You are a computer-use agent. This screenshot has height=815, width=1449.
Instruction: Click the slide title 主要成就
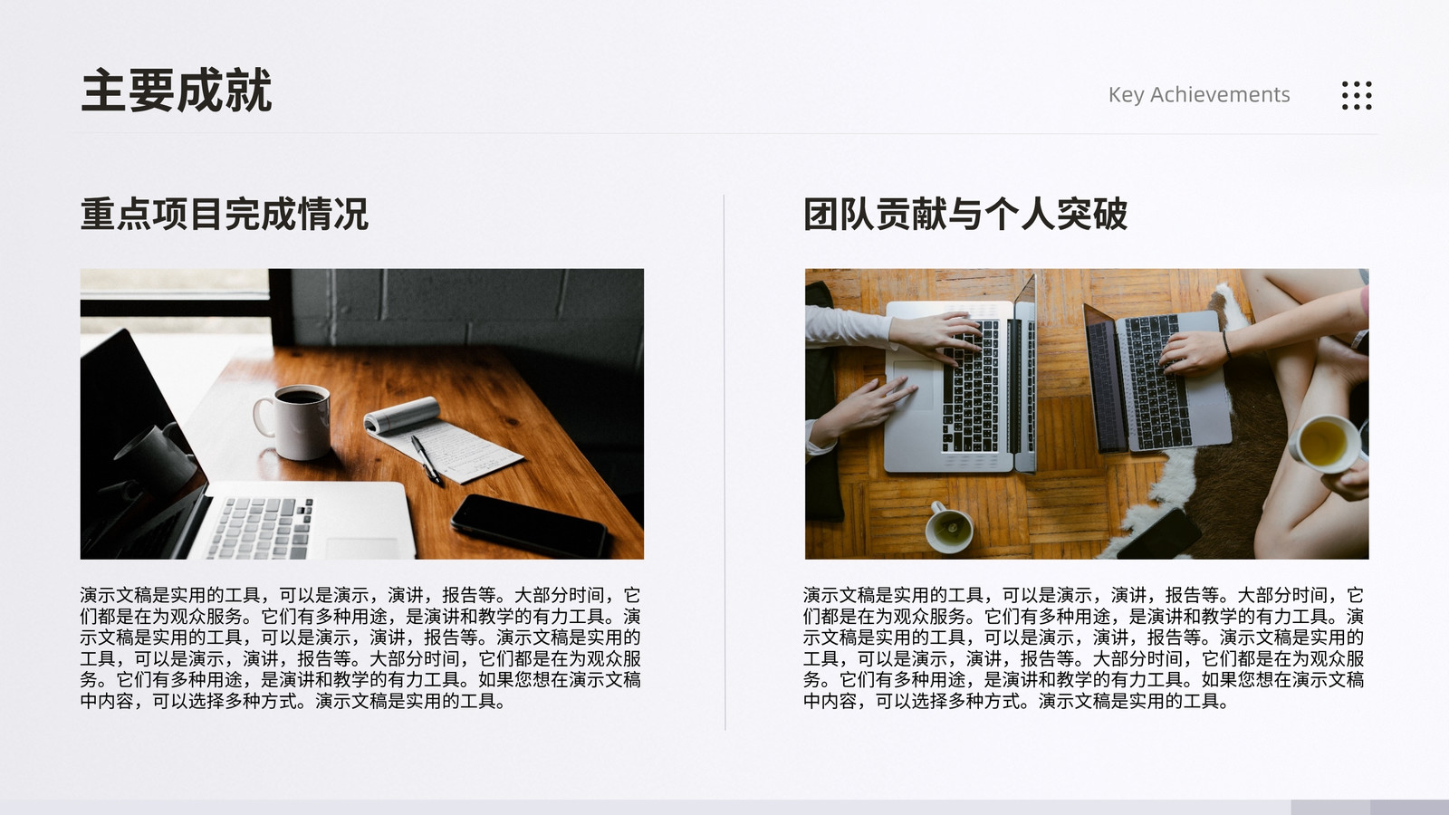[176, 91]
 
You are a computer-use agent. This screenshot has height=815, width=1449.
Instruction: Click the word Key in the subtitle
[1127, 95]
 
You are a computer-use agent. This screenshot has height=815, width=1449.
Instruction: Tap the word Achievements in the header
[1220, 94]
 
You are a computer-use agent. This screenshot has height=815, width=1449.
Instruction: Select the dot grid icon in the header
[1357, 96]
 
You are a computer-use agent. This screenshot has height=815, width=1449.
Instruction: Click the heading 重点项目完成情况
[225, 214]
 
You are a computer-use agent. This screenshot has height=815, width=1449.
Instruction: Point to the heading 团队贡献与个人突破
[965, 214]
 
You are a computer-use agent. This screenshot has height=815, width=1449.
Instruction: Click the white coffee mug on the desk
[294, 421]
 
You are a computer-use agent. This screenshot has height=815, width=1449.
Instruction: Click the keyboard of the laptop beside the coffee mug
[262, 527]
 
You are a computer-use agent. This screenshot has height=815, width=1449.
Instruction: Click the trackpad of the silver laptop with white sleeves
[915, 385]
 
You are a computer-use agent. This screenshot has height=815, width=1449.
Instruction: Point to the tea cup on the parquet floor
[949, 526]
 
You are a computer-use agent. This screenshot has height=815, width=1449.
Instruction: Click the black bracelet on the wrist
[1226, 344]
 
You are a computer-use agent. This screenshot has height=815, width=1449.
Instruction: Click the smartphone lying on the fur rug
[1159, 534]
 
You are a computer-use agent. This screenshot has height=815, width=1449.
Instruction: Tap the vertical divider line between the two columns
[724, 463]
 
